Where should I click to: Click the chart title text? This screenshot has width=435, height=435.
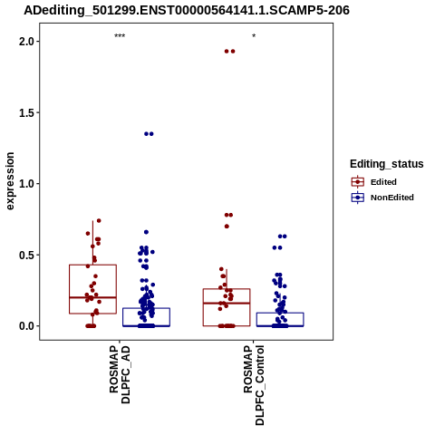187,10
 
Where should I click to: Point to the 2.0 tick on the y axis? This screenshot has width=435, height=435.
26,41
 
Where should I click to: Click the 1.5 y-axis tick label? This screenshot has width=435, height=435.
26,112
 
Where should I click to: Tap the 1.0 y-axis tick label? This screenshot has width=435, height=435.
26,184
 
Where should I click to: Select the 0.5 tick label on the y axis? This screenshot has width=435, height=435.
26,255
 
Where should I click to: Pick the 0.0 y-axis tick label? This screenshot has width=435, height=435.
26,326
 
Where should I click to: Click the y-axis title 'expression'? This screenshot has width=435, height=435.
10,181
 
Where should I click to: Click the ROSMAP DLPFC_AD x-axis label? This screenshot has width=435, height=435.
120,374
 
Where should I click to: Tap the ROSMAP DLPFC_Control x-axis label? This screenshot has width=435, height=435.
254,385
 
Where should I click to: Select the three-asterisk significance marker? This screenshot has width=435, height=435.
120,36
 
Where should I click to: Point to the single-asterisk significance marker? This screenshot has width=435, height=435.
254,36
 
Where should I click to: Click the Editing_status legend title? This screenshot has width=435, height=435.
387,164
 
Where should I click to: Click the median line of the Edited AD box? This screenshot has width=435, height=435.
92,297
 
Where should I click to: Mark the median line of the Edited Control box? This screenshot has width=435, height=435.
227,303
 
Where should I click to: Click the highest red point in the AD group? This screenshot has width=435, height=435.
99,221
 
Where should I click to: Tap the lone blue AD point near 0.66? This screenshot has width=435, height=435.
146,232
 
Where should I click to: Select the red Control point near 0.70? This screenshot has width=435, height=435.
227,227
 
